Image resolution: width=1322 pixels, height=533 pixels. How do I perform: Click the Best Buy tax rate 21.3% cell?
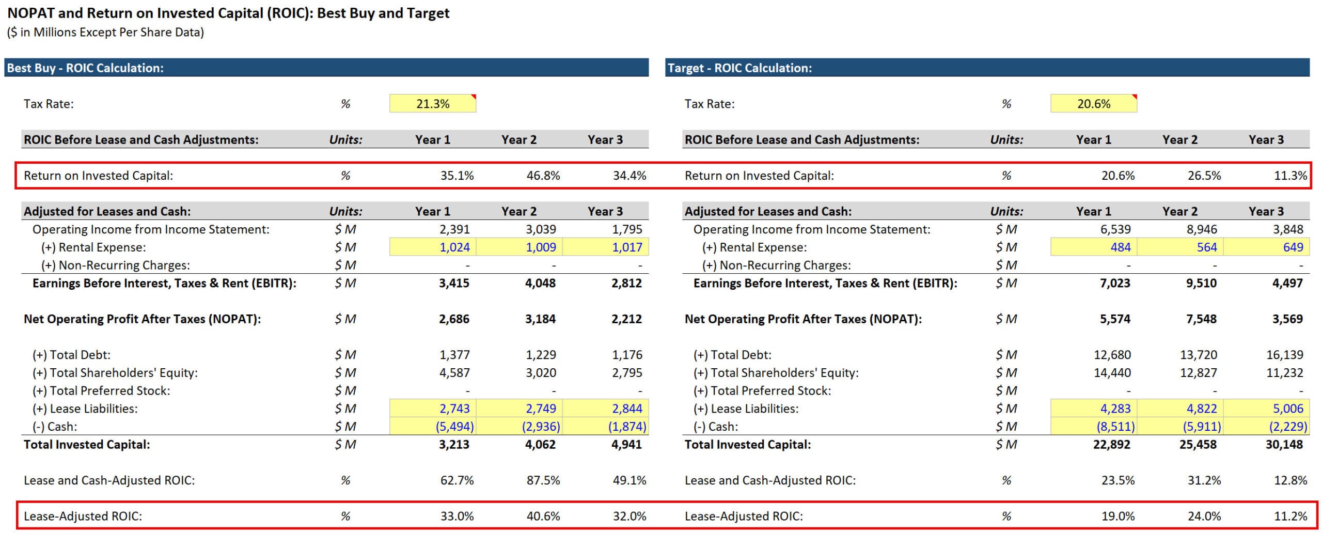[x=433, y=104]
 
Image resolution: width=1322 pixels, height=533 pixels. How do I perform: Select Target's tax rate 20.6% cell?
[x=1093, y=104]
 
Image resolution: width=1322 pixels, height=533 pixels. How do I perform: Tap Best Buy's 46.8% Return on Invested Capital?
[x=543, y=176]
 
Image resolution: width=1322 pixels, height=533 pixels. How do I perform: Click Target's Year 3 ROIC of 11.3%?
[x=1290, y=176]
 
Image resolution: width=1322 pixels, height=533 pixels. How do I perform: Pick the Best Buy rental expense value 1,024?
[x=454, y=247]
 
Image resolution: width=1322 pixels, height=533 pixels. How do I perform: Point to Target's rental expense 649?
[x=1293, y=247]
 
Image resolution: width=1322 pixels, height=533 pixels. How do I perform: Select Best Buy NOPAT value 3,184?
[x=540, y=319]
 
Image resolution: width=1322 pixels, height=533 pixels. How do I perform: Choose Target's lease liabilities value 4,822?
[x=1202, y=409]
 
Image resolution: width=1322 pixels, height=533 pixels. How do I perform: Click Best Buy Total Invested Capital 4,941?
[x=626, y=445]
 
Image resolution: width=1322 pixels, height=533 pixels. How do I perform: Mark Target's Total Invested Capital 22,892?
[x=1111, y=445]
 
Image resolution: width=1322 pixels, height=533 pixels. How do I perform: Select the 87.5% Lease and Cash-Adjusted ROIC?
[x=543, y=480]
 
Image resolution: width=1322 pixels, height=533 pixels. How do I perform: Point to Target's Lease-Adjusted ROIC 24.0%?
[x=1204, y=516]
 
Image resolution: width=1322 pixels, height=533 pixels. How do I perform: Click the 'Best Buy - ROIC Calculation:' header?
[x=85, y=68]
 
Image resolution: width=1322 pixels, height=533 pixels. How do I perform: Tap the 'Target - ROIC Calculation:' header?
[x=739, y=68]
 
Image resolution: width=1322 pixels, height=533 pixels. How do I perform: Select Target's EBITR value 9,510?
[x=1201, y=283]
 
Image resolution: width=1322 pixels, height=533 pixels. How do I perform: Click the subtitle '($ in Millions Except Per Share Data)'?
[x=105, y=33]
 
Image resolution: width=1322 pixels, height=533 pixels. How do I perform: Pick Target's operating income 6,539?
[x=1115, y=229]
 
